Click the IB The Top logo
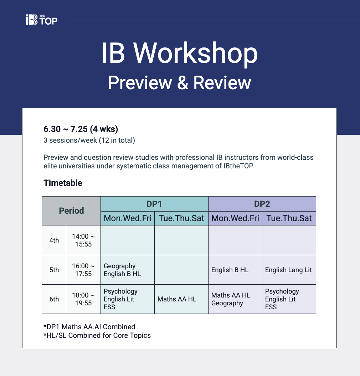tap(41, 20)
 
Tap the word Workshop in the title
tap(195, 53)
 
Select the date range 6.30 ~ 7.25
tap(65, 129)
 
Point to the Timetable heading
tap(63, 183)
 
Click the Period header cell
tap(71, 211)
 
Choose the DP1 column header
tap(154, 204)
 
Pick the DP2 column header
tap(262, 204)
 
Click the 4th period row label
tap(54, 240)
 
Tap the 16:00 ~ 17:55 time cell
tap(83, 270)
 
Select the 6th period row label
tap(54, 299)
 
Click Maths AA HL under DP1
tap(177, 299)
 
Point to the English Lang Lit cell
tap(288, 270)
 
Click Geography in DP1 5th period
tap(119, 266)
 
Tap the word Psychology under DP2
tap(282, 291)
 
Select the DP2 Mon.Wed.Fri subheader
tap(235, 218)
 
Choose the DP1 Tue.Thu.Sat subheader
tap(181, 218)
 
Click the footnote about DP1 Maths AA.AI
tap(89, 327)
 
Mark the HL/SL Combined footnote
tap(97, 335)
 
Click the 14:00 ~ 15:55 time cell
tap(83, 240)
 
